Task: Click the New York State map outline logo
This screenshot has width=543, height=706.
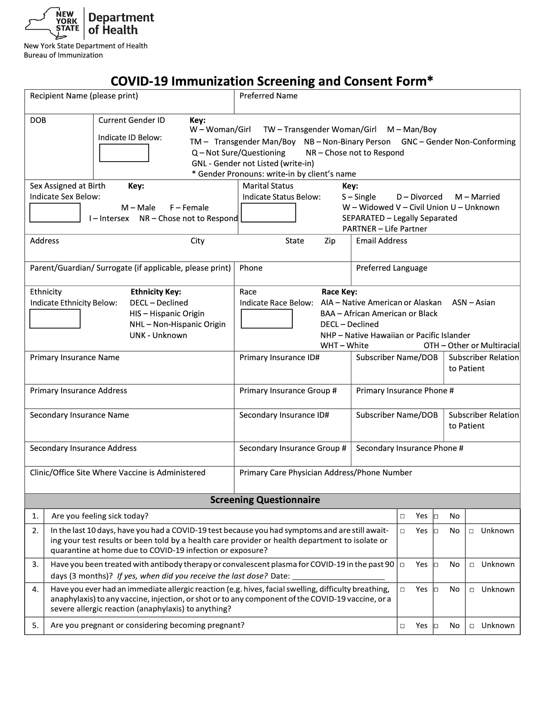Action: tap(52, 23)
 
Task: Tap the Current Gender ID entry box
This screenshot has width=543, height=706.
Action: tap(124, 153)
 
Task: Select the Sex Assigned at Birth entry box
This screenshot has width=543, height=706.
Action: tap(55, 212)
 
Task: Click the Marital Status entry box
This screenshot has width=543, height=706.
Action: tap(268, 212)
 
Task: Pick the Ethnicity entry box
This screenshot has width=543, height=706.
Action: tap(55, 319)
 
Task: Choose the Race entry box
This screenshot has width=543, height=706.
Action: tap(267, 319)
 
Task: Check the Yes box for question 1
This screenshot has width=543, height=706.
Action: tap(402, 516)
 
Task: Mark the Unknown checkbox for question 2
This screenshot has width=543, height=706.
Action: tap(471, 531)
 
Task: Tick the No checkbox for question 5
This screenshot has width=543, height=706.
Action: tap(436, 626)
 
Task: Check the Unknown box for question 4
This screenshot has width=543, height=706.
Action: tap(472, 590)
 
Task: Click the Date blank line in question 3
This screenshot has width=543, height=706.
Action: tap(338, 577)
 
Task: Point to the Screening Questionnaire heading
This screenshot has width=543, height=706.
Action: tap(265, 500)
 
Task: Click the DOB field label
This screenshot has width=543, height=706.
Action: tap(38, 120)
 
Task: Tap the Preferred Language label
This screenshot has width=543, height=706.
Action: tap(391, 268)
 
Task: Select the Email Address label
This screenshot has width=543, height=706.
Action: tap(381, 241)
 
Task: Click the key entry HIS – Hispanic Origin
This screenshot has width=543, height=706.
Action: tap(167, 313)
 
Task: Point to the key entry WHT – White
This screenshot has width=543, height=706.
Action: tap(344, 345)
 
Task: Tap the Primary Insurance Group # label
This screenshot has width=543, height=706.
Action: tap(288, 391)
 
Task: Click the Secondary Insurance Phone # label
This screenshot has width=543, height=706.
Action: tap(410, 448)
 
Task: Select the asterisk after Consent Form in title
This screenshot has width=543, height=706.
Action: tap(430, 80)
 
